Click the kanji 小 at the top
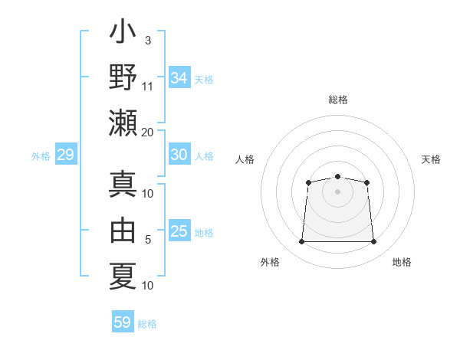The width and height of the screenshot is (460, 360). click(x=123, y=35)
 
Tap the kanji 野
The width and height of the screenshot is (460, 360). click(x=123, y=78)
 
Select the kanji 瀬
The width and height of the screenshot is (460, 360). click(x=123, y=122)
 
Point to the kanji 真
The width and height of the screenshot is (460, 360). click(x=123, y=186)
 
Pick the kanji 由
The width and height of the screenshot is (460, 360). click(x=123, y=230)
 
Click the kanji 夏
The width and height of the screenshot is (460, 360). click(x=123, y=274)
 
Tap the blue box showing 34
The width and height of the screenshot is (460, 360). click(x=179, y=78)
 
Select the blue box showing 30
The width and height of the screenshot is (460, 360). click(x=179, y=155)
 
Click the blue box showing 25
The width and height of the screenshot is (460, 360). click(x=179, y=231)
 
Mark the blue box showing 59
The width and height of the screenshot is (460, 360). click(x=123, y=322)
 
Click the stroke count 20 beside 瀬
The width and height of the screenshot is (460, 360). click(x=147, y=132)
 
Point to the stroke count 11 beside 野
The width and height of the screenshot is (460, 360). click(x=147, y=85)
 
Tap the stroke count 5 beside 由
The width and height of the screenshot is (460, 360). click(x=148, y=240)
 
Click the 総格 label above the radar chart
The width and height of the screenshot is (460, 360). click(x=338, y=100)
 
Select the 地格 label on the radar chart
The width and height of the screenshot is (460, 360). click(x=402, y=262)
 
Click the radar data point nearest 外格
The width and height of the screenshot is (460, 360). click(x=301, y=242)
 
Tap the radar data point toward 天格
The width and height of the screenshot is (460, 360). click(x=367, y=182)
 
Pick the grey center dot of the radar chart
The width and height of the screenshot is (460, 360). click(x=337, y=191)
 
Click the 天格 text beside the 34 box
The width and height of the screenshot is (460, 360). click(x=204, y=80)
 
